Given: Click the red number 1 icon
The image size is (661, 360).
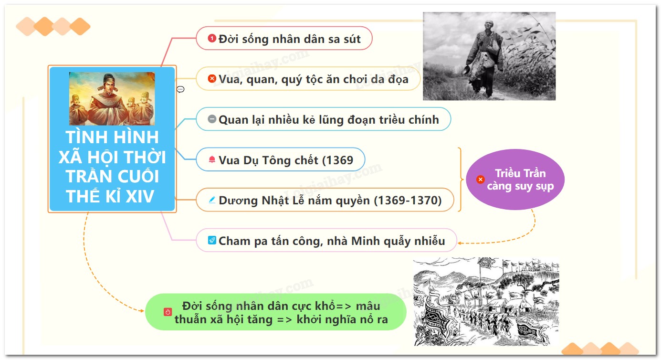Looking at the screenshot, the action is pyautogui.click(x=212, y=38).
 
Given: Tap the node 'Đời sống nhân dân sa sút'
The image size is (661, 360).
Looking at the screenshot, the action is pyautogui.click(x=284, y=38).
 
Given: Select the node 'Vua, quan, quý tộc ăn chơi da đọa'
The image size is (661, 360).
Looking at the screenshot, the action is pyautogui.click(x=308, y=79).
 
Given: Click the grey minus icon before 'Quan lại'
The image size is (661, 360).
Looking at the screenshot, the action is pyautogui.click(x=212, y=119).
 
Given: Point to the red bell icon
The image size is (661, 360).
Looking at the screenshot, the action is pyautogui.click(x=212, y=159).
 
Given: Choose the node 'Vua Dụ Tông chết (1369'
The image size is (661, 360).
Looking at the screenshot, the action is pyautogui.click(x=280, y=159).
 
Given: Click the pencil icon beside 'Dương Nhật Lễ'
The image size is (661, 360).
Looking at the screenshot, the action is pyautogui.click(x=212, y=200).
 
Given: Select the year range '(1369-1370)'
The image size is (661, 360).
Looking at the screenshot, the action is pyautogui.click(x=408, y=200).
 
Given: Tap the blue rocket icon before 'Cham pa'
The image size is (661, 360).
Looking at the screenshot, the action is pyautogui.click(x=212, y=240).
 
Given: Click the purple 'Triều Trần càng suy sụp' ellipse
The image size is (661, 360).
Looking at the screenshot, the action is pyautogui.click(x=515, y=180).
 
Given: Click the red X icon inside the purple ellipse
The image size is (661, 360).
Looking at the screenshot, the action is pyautogui.click(x=481, y=179).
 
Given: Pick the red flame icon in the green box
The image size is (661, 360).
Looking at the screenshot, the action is pyautogui.click(x=168, y=312).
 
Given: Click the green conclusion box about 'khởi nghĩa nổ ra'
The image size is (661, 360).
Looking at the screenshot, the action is pyautogui.click(x=275, y=312).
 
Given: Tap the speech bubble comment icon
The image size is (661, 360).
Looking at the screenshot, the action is pyautogui.click(x=180, y=89).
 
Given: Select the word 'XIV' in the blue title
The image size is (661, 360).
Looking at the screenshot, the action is pyautogui.click(x=139, y=196).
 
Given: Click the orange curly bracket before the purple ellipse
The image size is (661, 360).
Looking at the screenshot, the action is pyautogui.click(x=461, y=179).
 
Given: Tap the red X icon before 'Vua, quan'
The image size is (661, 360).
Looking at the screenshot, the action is pyautogui.click(x=212, y=79).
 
